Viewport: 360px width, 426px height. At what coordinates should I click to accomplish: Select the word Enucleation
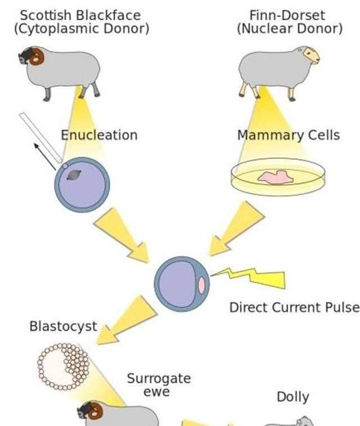pos(99,135)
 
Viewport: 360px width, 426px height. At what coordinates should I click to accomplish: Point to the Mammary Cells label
pos(288,135)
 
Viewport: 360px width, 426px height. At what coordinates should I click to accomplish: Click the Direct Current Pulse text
pos(294,307)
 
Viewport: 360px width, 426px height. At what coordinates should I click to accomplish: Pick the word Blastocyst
pos(63,326)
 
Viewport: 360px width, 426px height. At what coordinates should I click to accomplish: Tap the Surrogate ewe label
pos(159,384)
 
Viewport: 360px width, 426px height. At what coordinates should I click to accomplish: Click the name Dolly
pos(292,397)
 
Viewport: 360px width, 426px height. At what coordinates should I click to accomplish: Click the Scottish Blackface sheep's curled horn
pos(37,56)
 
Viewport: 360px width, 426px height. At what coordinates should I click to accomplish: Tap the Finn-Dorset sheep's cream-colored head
pos(310,55)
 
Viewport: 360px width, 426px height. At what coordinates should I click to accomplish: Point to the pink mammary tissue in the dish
pos(276,178)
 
